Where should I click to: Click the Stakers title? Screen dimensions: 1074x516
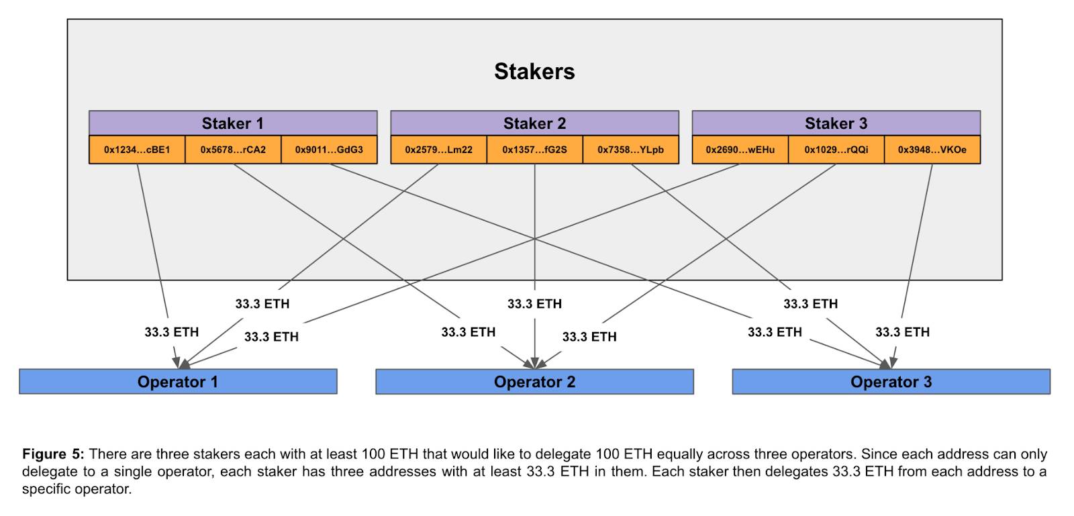534,71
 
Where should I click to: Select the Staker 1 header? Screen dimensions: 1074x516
233,123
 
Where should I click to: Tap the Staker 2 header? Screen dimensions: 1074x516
534,123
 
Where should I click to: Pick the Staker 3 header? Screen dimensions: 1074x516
836,123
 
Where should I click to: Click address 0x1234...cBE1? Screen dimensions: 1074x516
137,150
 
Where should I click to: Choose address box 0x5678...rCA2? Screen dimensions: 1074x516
233,150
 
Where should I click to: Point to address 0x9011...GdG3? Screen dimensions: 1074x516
329,150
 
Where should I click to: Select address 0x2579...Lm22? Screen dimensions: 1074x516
439,150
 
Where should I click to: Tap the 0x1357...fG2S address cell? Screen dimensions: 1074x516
534,150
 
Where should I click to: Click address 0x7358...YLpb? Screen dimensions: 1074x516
630,150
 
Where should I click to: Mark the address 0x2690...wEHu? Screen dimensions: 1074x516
740,150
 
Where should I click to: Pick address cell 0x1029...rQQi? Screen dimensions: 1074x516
836,150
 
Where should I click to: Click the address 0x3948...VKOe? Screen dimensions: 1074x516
932,150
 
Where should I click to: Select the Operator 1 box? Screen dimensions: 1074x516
178,382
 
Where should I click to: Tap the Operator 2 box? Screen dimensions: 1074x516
534,382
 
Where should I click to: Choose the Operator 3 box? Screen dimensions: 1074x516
891,382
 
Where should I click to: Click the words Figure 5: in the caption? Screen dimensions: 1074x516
53,454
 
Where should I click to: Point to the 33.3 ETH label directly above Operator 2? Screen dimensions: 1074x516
534,304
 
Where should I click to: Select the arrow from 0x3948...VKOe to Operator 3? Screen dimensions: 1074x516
912,266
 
